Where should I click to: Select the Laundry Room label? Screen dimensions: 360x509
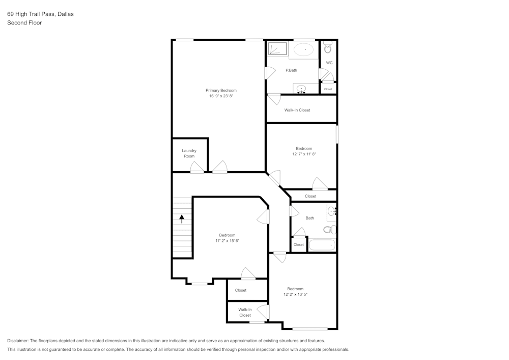(189, 153)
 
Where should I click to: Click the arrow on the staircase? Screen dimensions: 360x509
(182, 218)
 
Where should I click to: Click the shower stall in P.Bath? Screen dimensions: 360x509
(278, 49)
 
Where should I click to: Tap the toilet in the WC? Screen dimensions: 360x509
(328, 48)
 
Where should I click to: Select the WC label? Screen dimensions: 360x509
(329, 63)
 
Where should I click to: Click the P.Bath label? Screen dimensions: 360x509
(291, 70)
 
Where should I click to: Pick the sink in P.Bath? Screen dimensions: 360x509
(301, 89)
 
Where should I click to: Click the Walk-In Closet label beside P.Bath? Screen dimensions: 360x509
(297, 110)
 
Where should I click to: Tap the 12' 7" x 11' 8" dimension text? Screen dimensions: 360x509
(304, 154)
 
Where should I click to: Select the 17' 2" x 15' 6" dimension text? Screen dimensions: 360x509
(227, 240)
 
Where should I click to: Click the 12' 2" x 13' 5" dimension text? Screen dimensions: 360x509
(295, 294)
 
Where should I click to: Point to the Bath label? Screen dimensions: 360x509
(309, 218)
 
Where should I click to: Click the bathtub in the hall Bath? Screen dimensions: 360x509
(322, 245)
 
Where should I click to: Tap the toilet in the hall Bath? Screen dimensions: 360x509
(331, 229)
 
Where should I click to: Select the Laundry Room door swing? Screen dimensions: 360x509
(196, 167)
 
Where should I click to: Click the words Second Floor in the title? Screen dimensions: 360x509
(24, 23)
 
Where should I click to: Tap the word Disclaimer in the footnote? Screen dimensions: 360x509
(18, 341)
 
